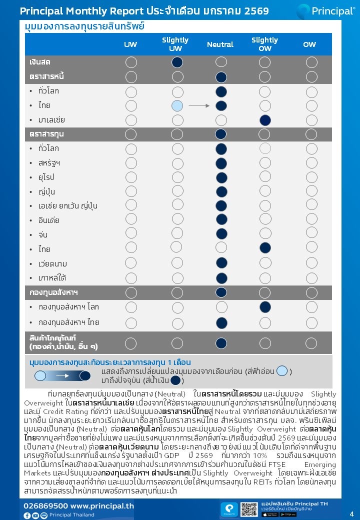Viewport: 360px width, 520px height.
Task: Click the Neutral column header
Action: click(x=220, y=44)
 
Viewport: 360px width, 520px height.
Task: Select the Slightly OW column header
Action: click(x=264, y=44)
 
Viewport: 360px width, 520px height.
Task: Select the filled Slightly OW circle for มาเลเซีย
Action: click(x=265, y=120)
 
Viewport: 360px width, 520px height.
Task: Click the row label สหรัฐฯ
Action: click(x=49, y=163)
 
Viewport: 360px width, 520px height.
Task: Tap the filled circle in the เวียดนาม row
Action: click(x=221, y=263)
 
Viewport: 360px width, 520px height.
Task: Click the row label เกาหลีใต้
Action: click(x=52, y=277)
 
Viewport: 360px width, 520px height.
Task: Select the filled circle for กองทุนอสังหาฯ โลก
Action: click(x=265, y=307)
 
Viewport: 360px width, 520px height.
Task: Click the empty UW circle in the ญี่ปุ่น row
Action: click(x=131, y=191)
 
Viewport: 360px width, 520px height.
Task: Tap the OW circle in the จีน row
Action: click(x=311, y=234)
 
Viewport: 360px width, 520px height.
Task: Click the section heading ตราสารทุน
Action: click(x=46, y=134)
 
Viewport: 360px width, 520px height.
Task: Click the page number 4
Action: click(x=351, y=514)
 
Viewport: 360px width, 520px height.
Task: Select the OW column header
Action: click(x=309, y=44)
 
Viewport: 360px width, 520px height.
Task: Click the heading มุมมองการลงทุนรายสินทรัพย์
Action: click(x=84, y=26)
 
